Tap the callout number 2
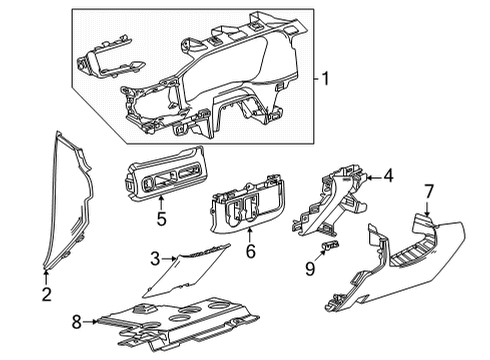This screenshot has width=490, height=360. (46, 295)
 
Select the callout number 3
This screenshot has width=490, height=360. (154, 258)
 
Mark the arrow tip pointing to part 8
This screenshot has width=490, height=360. (100, 322)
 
